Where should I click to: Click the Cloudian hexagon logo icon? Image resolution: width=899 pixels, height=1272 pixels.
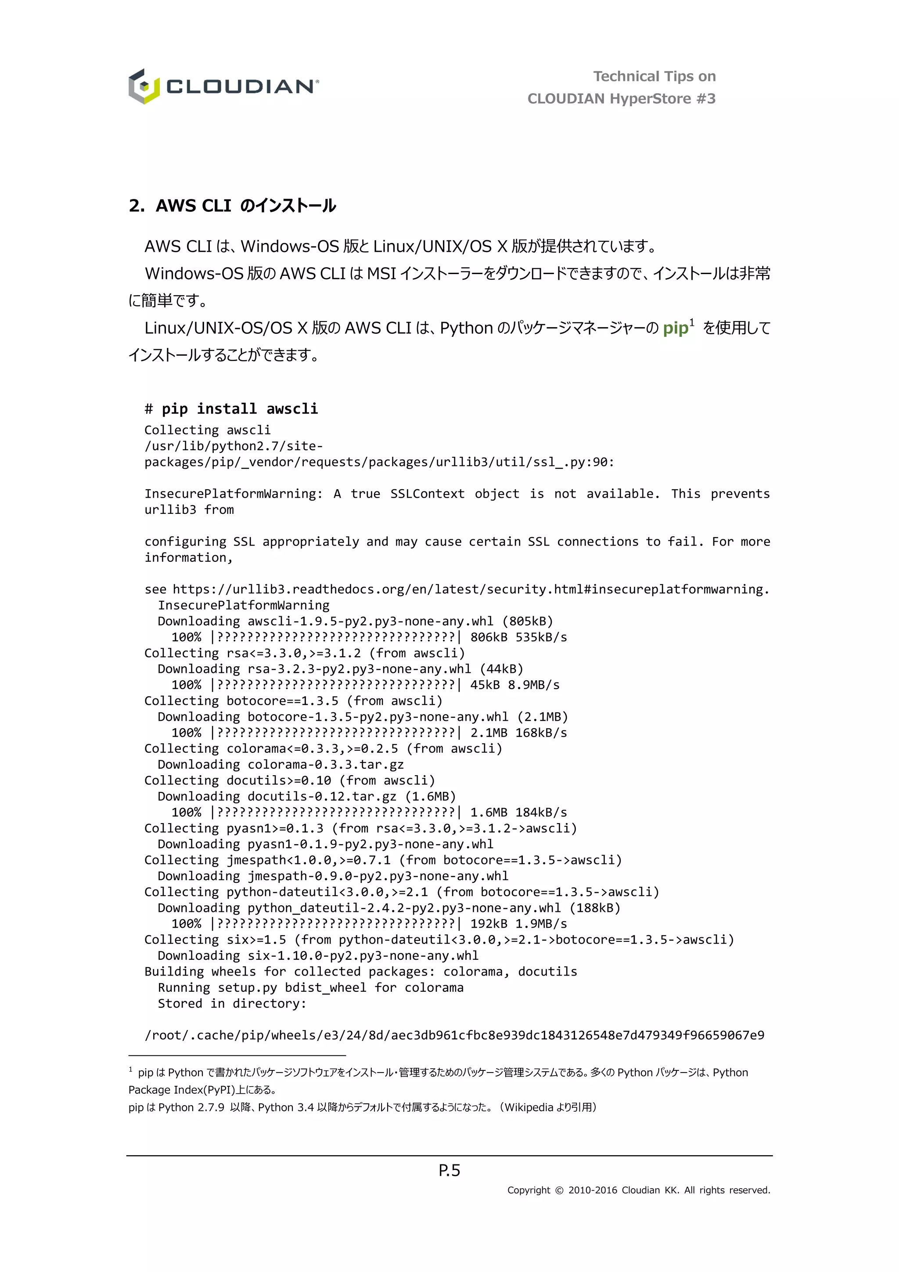click(x=144, y=87)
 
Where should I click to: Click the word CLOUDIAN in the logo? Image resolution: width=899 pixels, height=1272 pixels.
click(x=241, y=87)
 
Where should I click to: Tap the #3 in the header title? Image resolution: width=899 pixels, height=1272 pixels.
click(x=706, y=99)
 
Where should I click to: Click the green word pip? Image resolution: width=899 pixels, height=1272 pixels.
click(x=676, y=328)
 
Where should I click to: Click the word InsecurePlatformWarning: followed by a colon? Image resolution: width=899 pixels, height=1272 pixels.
click(x=233, y=494)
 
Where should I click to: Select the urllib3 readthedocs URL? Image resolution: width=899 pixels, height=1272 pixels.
click(x=471, y=589)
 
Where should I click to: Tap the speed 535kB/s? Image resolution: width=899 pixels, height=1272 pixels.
click(x=541, y=637)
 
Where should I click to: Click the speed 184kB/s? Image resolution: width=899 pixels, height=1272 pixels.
click(x=541, y=812)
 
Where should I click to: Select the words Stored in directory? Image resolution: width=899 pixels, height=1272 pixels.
click(x=232, y=1003)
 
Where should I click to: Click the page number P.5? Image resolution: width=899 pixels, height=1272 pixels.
click(x=449, y=1170)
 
